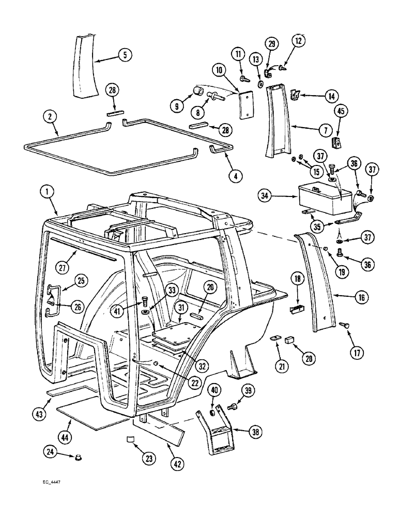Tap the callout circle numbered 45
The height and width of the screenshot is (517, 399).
(340, 116)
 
